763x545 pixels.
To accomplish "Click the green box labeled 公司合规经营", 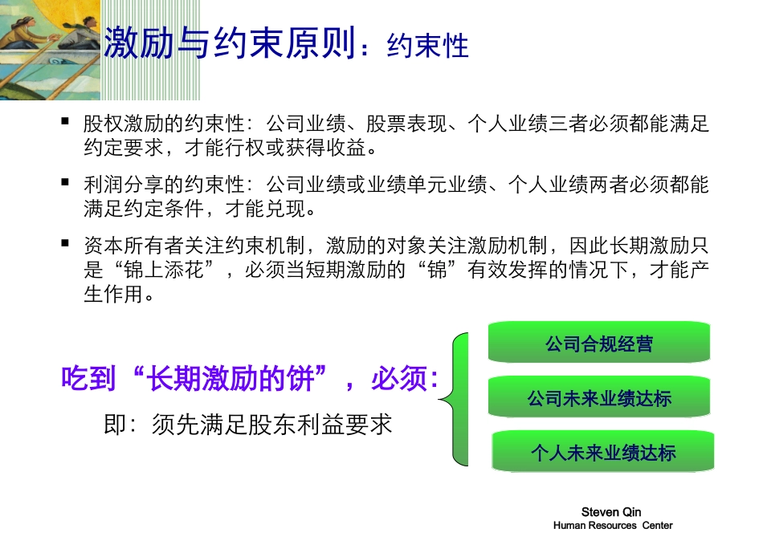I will pyautogui.click(x=599, y=344).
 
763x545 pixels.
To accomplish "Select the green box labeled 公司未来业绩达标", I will pyautogui.click(x=599, y=398).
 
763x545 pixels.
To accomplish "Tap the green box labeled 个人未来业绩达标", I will pyautogui.click(x=602, y=453).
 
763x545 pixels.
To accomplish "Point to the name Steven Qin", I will pyautogui.click(x=611, y=512).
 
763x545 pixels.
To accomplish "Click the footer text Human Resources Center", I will pyautogui.click(x=613, y=526).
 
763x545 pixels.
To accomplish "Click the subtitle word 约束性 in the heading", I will pyautogui.click(x=427, y=46).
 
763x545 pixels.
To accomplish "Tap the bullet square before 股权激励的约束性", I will pyautogui.click(x=66, y=121).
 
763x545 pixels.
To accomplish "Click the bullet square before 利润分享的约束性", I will pyautogui.click(x=66, y=181).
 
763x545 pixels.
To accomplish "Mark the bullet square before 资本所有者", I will pyautogui.click(x=66, y=242).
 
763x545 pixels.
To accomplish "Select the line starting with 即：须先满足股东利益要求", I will pyautogui.click(x=248, y=424).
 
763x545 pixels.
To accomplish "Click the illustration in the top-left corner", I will pyautogui.click(x=50, y=50).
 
